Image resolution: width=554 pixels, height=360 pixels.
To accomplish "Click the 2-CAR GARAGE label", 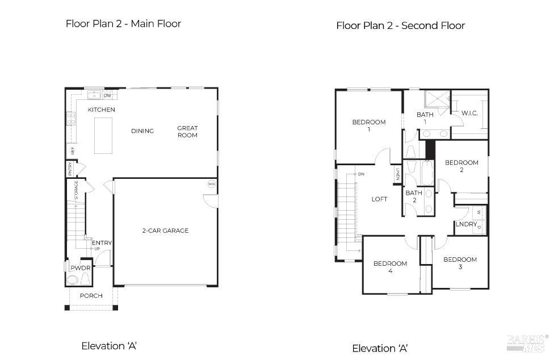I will [165, 231].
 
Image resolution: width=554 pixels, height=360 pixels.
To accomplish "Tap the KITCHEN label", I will [102, 110].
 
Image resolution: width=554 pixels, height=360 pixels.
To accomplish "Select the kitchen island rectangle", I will [103, 135].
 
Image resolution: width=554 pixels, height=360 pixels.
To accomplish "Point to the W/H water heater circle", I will [211, 184].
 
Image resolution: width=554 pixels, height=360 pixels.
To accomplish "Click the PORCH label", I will [91, 296].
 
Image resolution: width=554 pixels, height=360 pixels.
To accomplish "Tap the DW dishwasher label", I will [107, 95].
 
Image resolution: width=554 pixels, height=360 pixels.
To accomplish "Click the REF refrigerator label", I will [72, 150].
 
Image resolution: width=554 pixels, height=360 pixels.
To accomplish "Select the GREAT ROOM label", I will [187, 131].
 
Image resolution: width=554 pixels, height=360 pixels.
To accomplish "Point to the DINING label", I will [142, 131].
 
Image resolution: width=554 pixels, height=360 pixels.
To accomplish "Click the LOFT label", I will [379, 199].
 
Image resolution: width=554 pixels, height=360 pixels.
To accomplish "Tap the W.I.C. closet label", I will [469, 114].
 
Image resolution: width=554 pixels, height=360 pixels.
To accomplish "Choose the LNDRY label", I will [466, 224].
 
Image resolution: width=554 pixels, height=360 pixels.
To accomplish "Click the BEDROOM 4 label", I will [390, 267].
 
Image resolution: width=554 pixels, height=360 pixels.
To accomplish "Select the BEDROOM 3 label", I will [460, 263].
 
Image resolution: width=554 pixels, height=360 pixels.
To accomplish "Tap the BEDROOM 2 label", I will [461, 166].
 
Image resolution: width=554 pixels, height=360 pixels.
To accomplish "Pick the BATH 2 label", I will [414, 196].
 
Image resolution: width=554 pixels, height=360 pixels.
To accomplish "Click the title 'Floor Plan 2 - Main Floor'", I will [123, 24].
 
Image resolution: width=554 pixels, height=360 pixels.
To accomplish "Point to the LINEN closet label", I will [398, 175].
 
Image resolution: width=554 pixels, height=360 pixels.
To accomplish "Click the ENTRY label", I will [102, 243].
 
